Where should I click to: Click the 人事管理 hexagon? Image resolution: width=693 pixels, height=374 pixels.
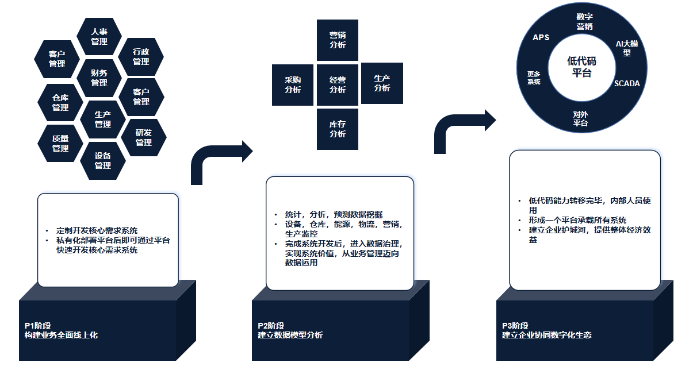point(99,36)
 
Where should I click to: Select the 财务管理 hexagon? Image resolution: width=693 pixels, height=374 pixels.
point(99,78)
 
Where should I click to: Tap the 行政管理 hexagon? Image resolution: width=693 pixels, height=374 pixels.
point(141,56)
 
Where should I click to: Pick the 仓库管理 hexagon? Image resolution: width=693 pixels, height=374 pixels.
point(60,102)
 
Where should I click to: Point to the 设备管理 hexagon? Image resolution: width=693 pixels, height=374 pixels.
point(103,160)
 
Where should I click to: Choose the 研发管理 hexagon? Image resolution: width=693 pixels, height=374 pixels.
point(144,137)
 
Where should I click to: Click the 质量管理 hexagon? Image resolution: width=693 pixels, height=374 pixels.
point(60,143)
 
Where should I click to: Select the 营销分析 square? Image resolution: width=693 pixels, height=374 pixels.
point(338,40)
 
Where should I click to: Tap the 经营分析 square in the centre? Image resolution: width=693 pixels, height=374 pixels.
point(338,85)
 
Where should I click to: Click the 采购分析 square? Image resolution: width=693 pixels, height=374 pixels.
point(293,85)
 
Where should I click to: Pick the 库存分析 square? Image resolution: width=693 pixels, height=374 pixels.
point(338,129)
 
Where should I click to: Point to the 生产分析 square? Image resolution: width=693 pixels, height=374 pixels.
point(382,83)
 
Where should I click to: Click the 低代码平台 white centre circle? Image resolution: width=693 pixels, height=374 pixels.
point(581,67)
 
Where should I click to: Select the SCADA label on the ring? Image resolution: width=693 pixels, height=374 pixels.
point(627,83)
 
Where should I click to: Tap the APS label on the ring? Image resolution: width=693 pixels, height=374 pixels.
point(541,37)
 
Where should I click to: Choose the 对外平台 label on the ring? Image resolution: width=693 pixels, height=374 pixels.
point(581,118)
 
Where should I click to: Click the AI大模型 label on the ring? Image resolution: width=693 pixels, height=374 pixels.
point(627,48)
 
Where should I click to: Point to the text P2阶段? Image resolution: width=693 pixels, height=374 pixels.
point(271,326)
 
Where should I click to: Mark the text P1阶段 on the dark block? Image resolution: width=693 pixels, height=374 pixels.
point(37,326)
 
